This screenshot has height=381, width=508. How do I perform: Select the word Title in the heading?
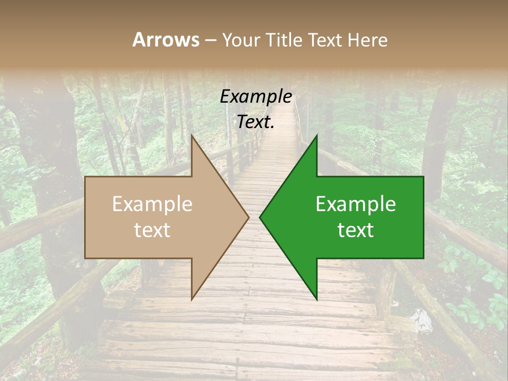[283, 40]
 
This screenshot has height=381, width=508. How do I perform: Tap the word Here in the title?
[368, 40]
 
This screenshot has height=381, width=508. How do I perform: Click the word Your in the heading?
[241, 40]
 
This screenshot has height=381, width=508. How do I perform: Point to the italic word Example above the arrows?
[256, 97]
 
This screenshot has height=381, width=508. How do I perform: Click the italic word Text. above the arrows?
[256, 122]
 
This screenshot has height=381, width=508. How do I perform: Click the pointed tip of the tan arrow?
[248, 217]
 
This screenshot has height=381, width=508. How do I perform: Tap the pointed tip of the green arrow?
[261, 217]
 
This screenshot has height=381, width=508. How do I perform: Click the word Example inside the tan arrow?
[152, 204]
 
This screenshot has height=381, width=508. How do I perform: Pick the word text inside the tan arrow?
[152, 230]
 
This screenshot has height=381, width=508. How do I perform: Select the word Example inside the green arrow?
[356, 204]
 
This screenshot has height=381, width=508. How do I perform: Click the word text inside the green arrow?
[356, 230]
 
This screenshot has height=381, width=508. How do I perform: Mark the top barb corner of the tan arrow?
[192, 136]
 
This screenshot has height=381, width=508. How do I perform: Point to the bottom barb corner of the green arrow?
[316, 299]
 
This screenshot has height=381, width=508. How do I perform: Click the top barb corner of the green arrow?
[316, 136]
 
